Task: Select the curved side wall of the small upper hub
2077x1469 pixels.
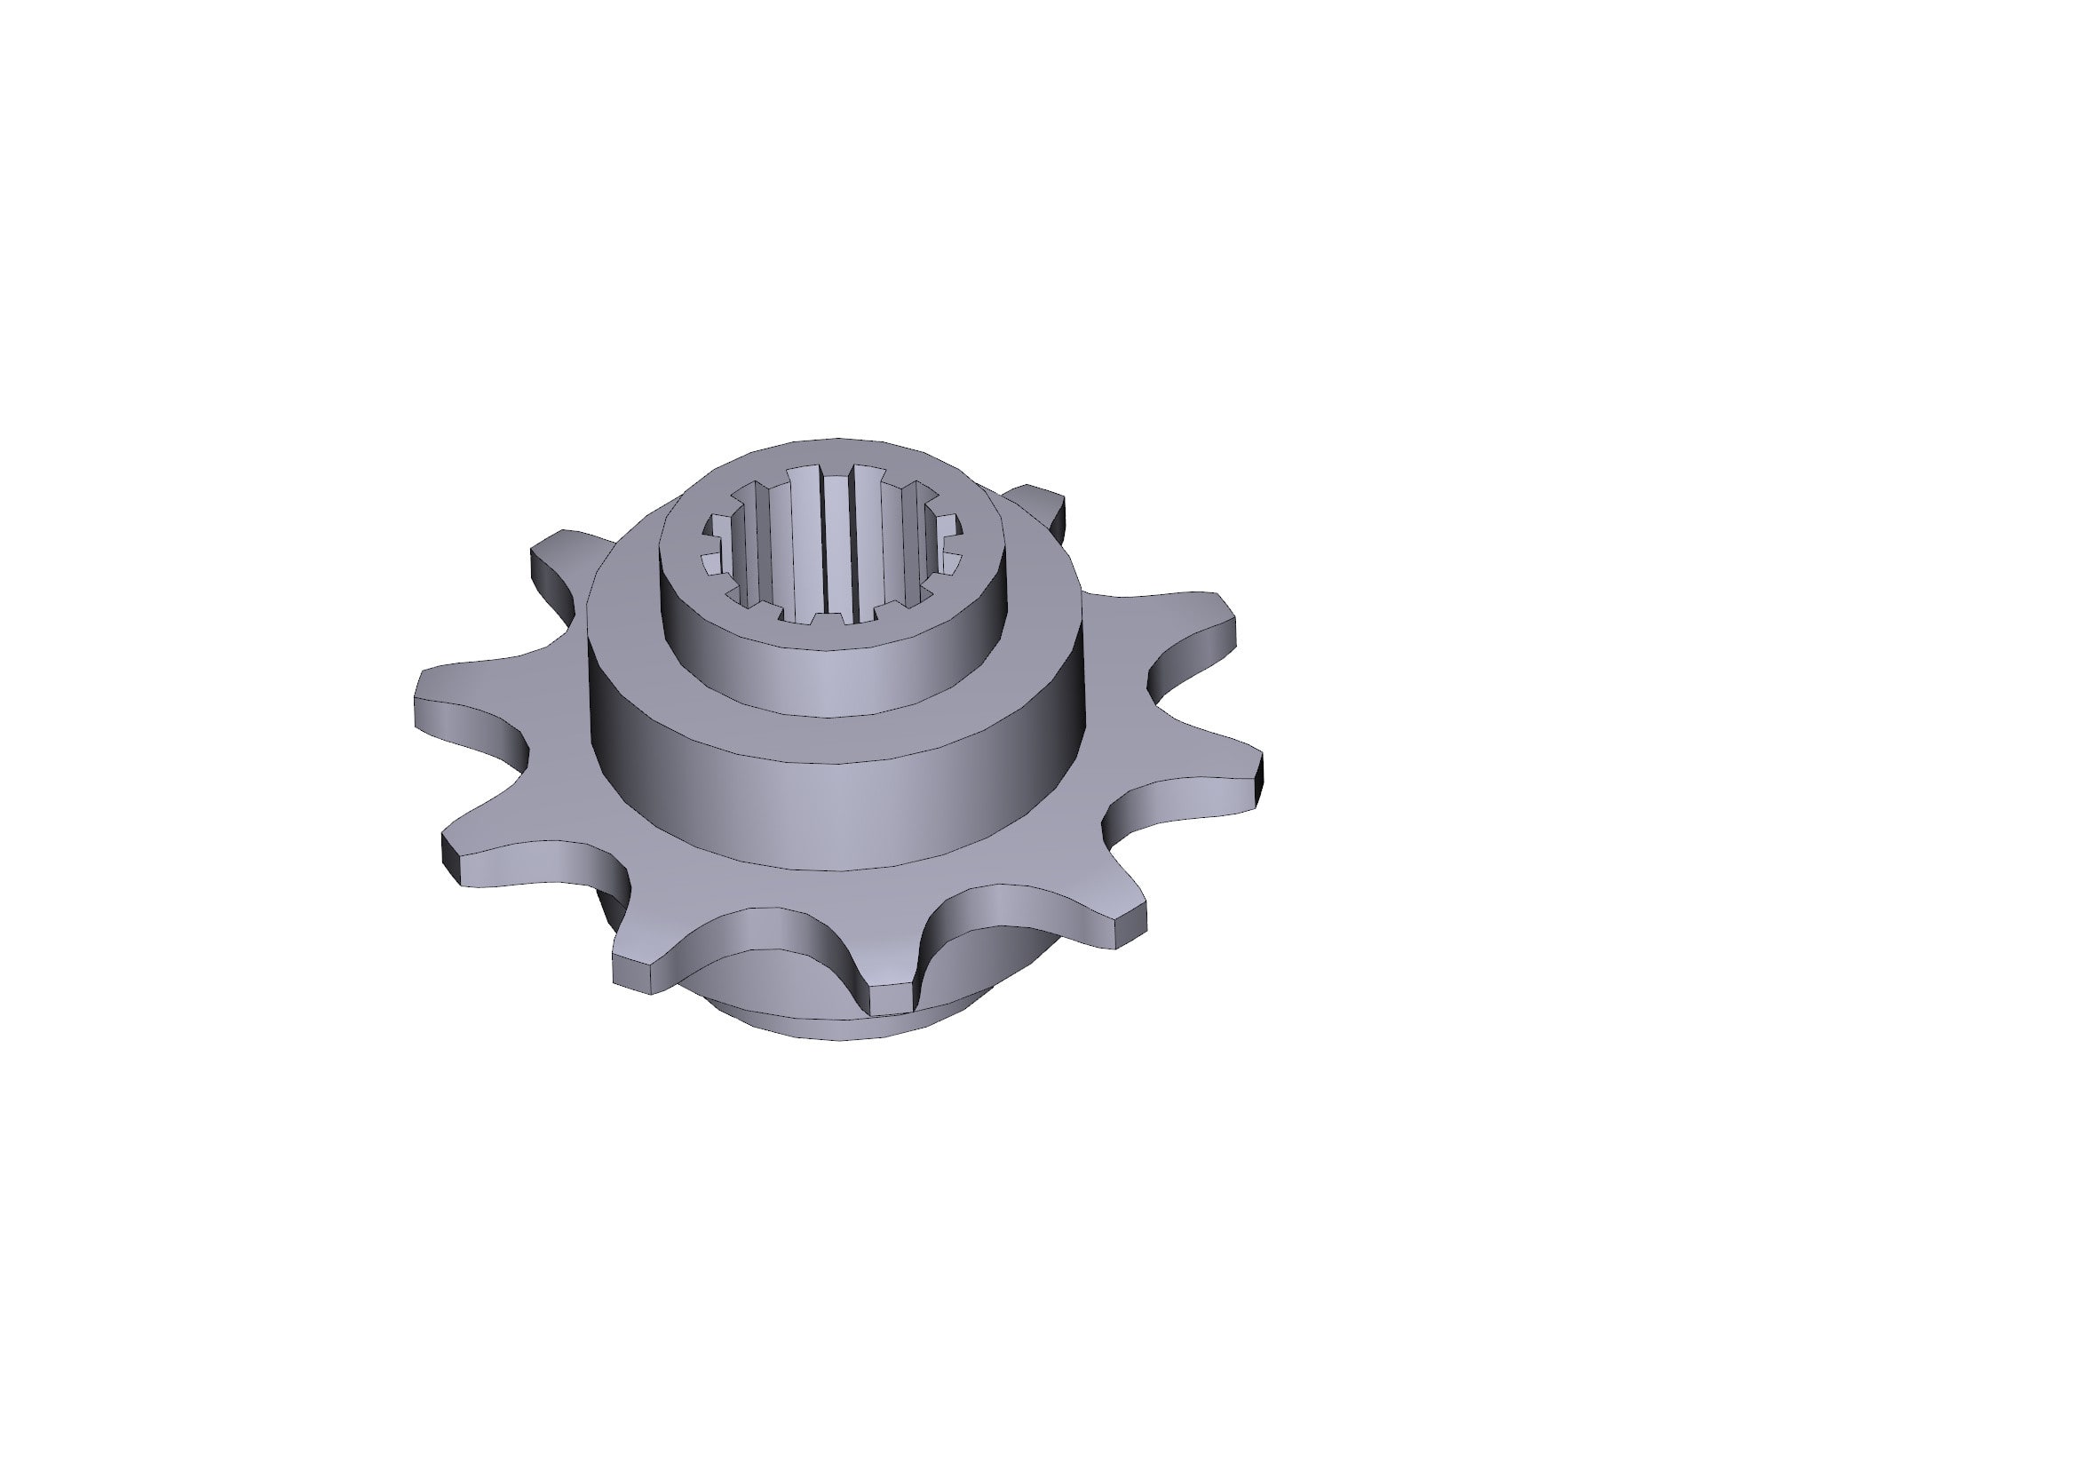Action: coord(832,679)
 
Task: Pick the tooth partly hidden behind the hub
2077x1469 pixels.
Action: coord(1041,506)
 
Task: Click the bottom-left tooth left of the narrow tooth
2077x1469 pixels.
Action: coord(651,968)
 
